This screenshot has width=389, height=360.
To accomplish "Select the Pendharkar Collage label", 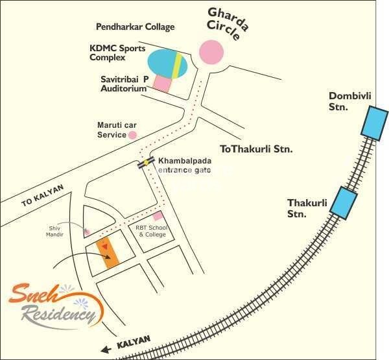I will point(136,27).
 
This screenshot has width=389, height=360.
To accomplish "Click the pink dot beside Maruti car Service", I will point(132,135).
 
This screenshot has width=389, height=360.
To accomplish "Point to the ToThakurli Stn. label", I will point(256,149).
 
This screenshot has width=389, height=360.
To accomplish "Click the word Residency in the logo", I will point(58,316).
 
